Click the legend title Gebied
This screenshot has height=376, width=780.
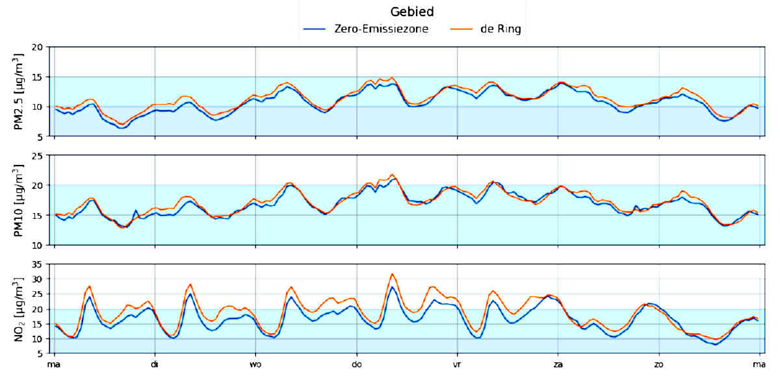click(412, 12)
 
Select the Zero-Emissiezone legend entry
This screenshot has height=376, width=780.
click(381, 29)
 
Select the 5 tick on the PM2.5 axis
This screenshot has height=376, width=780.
click(41, 136)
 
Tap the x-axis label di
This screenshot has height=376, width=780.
click(155, 365)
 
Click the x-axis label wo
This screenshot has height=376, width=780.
click(255, 365)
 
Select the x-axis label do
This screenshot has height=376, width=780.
click(356, 365)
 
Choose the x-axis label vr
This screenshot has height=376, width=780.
click(457, 365)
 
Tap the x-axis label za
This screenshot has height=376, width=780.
click(558, 365)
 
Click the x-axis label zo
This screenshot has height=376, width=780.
click(659, 365)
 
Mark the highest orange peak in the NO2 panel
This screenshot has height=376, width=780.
click(392, 273)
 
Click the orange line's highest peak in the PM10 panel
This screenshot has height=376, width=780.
click(392, 174)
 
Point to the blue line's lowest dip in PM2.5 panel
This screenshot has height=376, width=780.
click(121, 128)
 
